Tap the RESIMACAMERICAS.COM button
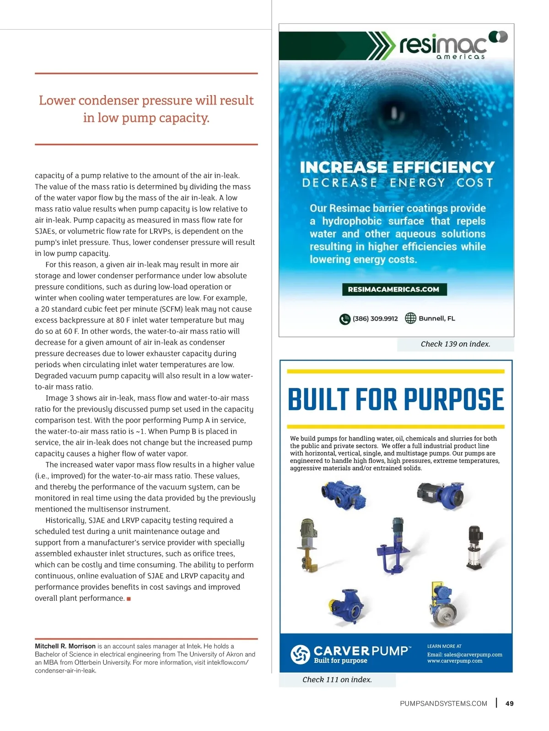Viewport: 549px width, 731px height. [x=393, y=290]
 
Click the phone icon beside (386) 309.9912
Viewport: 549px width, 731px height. [x=344, y=319]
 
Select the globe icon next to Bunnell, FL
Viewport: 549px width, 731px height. [x=410, y=318]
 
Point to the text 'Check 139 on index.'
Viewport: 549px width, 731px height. [x=455, y=344]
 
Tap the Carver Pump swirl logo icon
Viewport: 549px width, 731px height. [x=300, y=654]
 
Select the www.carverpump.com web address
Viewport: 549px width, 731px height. [x=455, y=661]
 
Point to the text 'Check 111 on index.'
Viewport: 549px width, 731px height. [x=337, y=680]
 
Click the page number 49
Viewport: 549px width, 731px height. [x=509, y=704]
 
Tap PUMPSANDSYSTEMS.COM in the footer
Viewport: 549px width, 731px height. [x=443, y=704]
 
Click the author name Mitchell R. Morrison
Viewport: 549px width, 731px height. [x=65, y=646]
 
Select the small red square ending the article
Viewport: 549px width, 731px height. [x=129, y=599]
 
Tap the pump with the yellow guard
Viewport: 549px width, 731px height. [x=442, y=604]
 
